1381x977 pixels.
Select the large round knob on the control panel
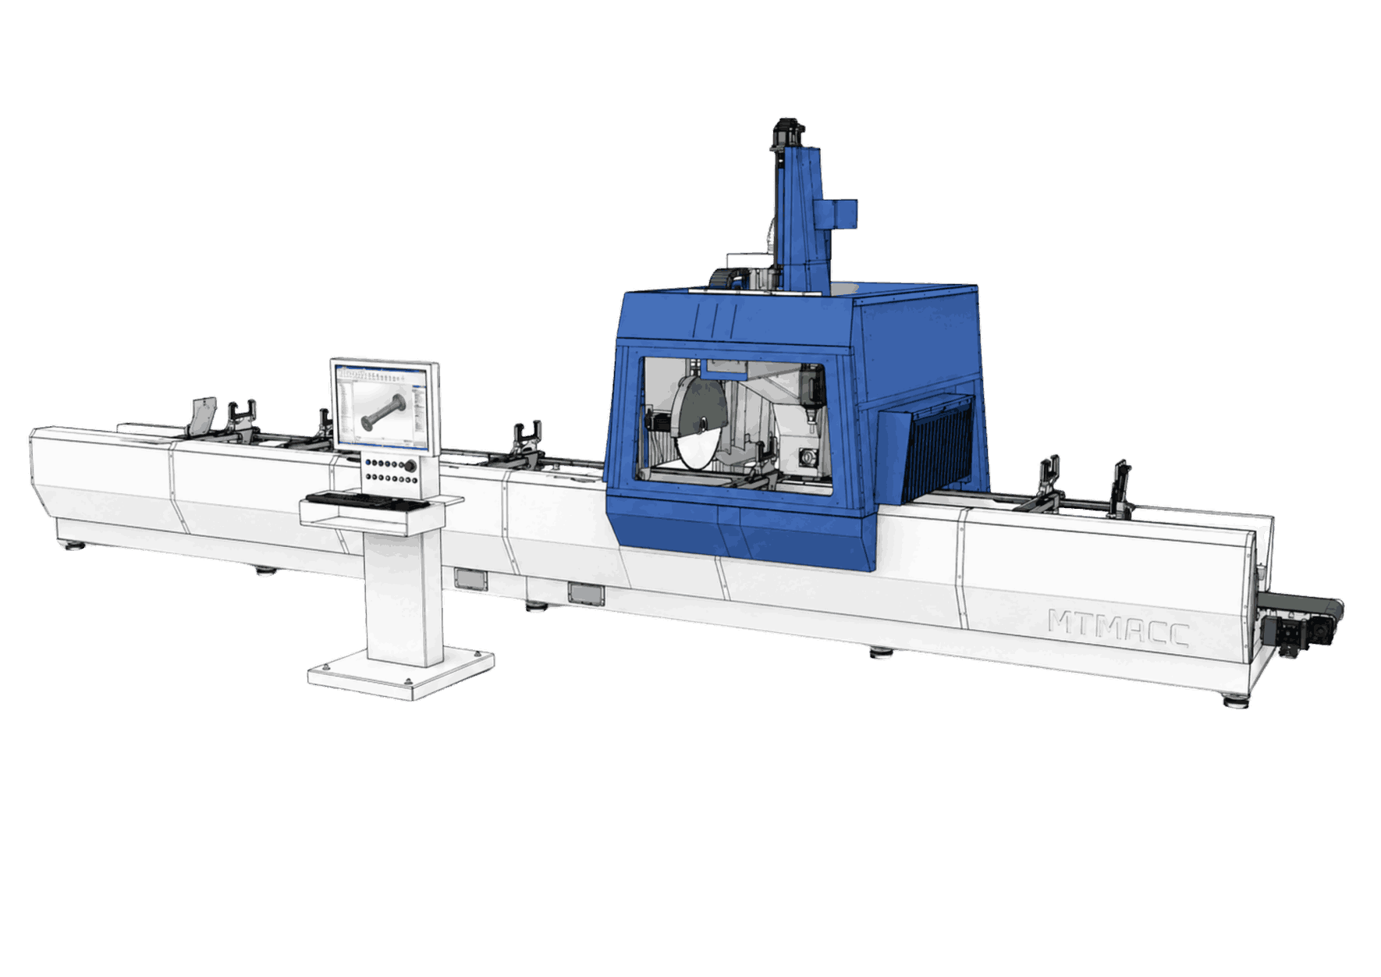(409, 466)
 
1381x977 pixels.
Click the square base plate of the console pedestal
(400, 670)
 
